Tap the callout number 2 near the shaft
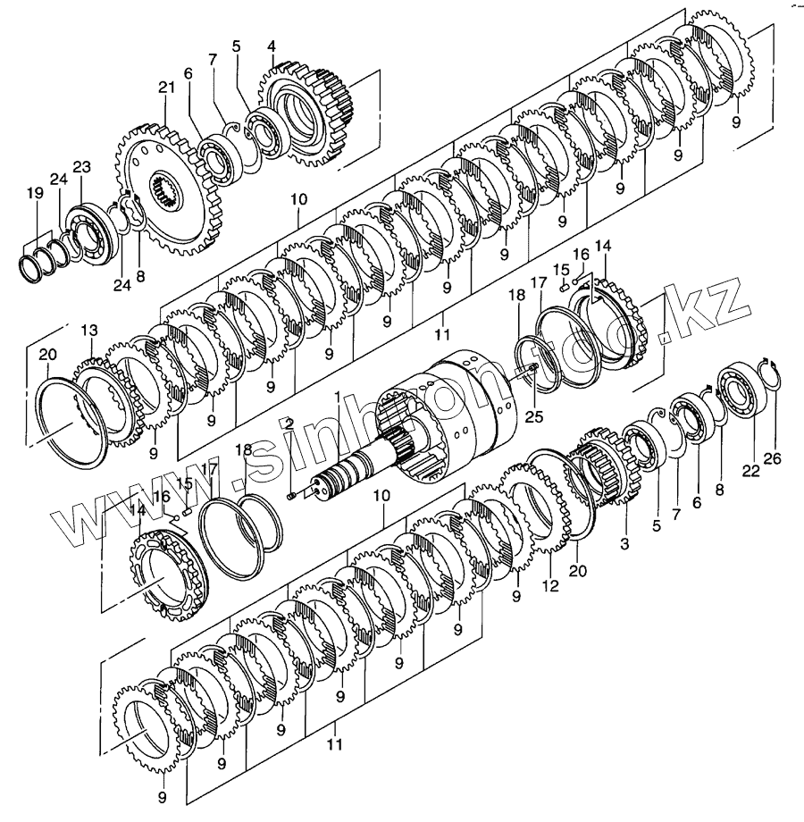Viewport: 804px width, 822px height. (289, 422)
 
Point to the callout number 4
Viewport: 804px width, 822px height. (271, 46)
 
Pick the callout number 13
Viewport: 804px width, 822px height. (89, 331)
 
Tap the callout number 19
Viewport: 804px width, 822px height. (34, 194)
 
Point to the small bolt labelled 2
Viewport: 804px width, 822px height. (292, 496)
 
